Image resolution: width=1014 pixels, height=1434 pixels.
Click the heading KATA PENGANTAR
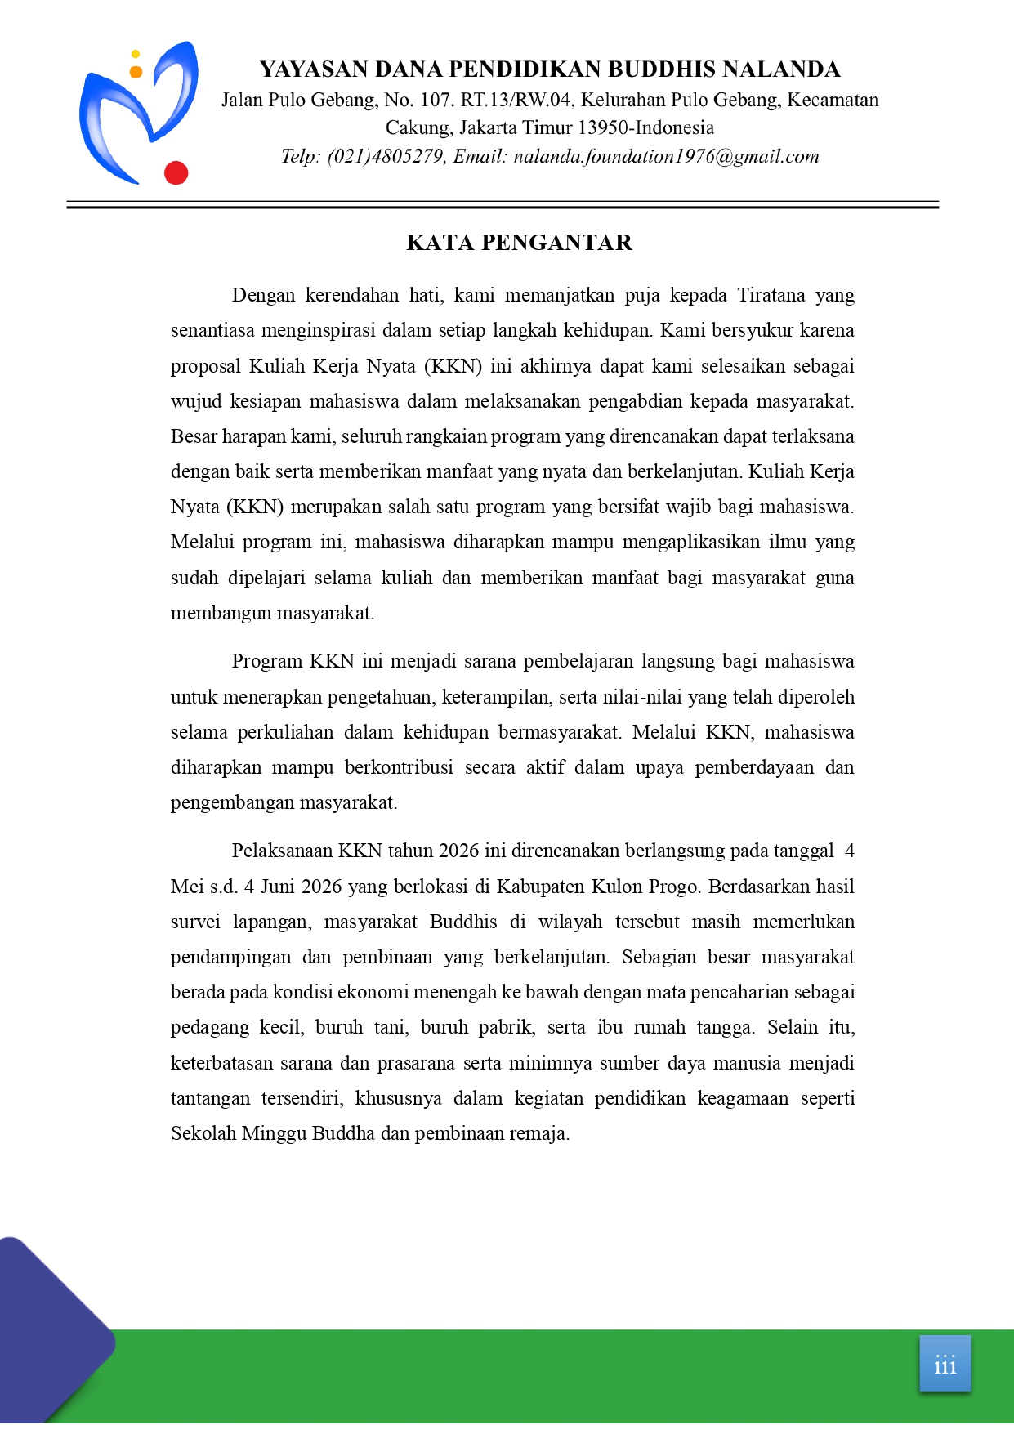click(519, 243)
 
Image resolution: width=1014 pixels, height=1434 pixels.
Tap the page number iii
click(945, 1365)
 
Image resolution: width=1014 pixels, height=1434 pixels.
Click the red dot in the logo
click(176, 173)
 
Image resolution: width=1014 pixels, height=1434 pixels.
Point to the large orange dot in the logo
click(136, 72)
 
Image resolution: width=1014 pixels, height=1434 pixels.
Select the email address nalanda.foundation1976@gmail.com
click(666, 157)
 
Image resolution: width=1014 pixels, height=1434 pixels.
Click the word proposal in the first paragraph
click(205, 366)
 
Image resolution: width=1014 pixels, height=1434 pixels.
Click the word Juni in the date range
click(278, 887)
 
